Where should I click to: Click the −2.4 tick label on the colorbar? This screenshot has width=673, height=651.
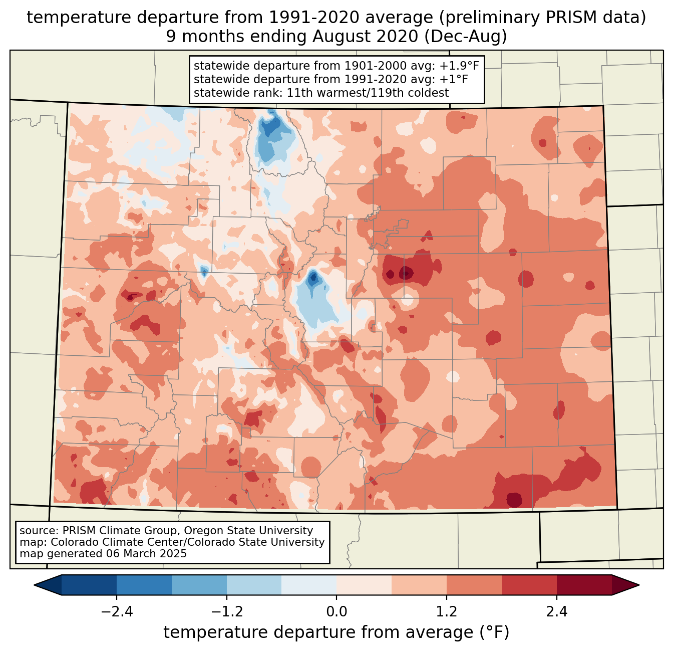point(117,612)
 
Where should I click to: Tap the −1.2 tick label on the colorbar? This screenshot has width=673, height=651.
point(226,612)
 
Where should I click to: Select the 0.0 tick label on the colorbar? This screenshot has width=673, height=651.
point(337,612)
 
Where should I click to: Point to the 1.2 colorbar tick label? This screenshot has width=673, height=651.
point(447,612)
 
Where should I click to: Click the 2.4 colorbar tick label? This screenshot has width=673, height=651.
point(556,612)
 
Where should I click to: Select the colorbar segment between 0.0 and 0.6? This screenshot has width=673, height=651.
point(364,585)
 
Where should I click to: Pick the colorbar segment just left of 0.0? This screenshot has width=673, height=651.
point(309,585)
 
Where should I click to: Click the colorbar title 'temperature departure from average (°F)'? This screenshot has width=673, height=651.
point(337,632)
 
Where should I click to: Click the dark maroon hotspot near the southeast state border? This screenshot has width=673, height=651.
point(514,500)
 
